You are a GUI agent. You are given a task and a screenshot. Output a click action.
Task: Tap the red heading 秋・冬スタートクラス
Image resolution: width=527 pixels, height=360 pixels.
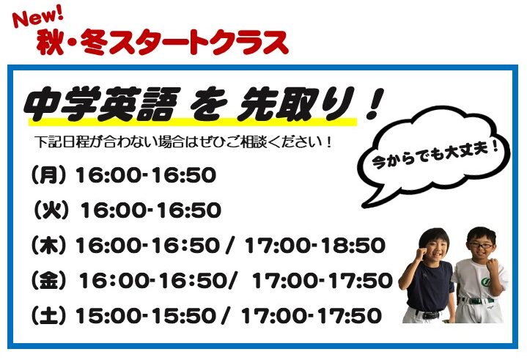pyautogui.click(x=163, y=43)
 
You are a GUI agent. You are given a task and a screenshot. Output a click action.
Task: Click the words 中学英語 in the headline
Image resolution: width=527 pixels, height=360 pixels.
pyautogui.click(x=102, y=103)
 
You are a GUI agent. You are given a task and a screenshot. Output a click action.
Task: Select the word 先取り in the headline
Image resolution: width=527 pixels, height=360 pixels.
pyautogui.click(x=295, y=103)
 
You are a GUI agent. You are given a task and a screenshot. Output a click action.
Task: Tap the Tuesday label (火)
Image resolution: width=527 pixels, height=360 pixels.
pyautogui.click(x=51, y=210)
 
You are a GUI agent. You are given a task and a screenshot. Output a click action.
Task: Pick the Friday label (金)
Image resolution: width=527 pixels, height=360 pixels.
pyautogui.click(x=48, y=280)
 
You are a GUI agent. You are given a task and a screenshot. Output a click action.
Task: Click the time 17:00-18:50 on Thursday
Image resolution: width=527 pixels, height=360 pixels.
pyautogui.click(x=315, y=246)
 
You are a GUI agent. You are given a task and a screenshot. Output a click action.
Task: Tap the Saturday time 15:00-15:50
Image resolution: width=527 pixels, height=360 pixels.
pyautogui.click(x=146, y=315)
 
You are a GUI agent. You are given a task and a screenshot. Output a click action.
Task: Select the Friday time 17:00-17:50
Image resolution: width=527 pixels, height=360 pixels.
pyautogui.click(x=323, y=280)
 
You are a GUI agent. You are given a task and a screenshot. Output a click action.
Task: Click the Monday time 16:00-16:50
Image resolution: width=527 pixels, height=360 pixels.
pyautogui.click(x=146, y=175)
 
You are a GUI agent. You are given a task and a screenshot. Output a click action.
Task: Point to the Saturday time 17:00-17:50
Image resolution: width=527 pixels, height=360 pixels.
pyautogui.click(x=312, y=315)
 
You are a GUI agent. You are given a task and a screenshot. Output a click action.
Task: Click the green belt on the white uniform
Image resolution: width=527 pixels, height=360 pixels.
pyautogui.click(x=476, y=301)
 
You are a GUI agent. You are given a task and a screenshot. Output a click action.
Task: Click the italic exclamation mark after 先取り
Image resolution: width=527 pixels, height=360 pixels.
pyautogui.click(x=375, y=103)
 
